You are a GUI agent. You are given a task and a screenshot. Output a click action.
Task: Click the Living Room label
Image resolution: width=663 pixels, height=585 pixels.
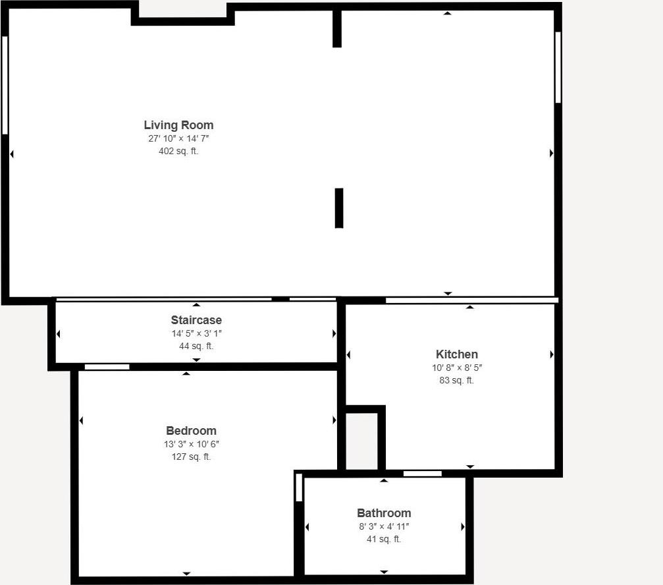click(178, 125)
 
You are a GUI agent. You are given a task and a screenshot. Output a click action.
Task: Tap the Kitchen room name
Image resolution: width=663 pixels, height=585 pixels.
click(456, 354)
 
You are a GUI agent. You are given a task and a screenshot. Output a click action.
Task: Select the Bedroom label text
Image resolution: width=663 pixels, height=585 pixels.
click(191, 431)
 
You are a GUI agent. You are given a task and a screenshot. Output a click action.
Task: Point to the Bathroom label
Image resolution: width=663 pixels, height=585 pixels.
click(384, 513)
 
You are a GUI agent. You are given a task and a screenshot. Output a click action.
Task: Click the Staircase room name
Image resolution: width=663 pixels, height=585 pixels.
click(196, 320)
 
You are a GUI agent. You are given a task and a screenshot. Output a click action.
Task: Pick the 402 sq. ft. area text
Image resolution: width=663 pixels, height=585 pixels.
click(174, 151)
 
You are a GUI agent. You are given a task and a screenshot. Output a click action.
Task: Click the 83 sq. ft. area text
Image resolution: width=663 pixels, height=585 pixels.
click(456, 380)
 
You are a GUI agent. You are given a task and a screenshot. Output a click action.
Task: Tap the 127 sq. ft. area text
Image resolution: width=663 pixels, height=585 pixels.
click(191, 457)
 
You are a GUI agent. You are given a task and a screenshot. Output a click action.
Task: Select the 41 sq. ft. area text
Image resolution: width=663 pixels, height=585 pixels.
click(384, 539)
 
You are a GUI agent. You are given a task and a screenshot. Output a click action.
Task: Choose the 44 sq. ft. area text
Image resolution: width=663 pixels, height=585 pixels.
click(196, 346)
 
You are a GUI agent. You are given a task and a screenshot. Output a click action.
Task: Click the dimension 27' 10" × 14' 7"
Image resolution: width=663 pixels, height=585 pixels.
click(178, 138)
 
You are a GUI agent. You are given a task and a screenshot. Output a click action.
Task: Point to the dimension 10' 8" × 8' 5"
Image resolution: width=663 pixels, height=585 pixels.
click(456, 368)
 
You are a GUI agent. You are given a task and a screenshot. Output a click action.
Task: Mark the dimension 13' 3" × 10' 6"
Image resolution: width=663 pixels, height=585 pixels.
click(191, 444)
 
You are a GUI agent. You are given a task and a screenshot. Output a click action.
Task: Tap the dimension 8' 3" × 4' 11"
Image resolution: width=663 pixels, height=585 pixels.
click(384, 526)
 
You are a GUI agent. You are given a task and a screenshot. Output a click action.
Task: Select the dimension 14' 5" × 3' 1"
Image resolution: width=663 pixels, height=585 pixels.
click(196, 333)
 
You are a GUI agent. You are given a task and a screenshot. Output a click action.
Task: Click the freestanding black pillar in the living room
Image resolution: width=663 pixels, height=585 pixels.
click(339, 208)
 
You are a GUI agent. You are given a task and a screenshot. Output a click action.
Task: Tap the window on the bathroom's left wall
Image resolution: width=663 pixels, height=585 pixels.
click(299, 487)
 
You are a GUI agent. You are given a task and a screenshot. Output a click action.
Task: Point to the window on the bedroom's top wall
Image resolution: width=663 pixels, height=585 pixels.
click(107, 367)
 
